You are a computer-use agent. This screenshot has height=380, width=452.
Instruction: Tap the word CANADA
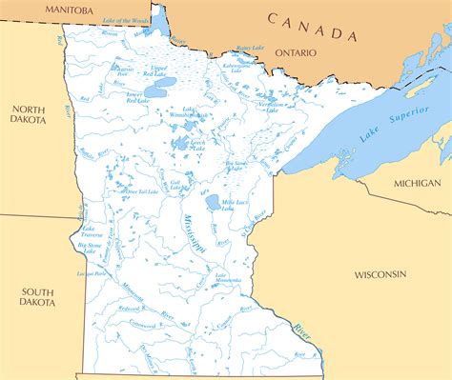click(311, 27)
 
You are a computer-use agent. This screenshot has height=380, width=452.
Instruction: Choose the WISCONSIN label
click(380, 273)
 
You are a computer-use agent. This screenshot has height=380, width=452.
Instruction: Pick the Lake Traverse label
click(92, 231)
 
